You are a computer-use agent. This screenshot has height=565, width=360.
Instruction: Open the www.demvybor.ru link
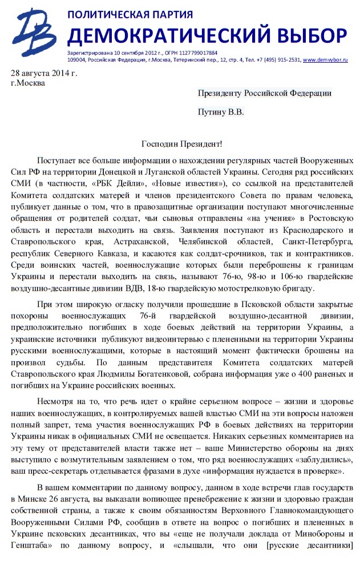325,59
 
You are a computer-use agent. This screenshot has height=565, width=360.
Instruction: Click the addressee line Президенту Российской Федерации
264,93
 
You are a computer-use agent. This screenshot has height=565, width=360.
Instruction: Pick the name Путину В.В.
220,112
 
